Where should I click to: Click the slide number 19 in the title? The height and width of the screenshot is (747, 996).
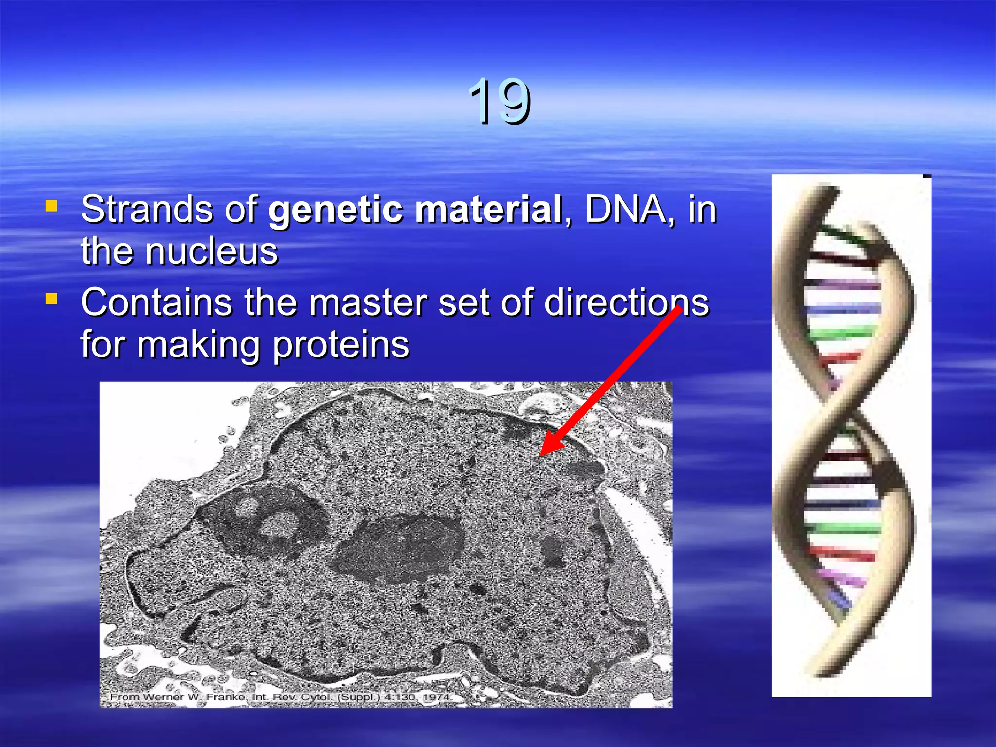(x=499, y=101)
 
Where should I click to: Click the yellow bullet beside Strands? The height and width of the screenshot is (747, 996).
(x=52, y=206)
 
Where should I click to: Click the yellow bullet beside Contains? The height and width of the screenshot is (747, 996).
(x=52, y=298)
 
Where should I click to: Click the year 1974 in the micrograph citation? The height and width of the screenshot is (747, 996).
(x=436, y=697)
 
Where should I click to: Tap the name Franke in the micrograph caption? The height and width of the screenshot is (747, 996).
(x=225, y=697)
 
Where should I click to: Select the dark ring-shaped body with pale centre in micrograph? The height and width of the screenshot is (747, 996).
(x=272, y=520)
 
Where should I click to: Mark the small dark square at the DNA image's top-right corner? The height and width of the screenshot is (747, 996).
(x=927, y=176)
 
